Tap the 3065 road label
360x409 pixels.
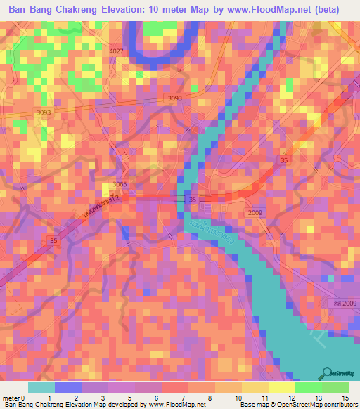(x=119, y=184)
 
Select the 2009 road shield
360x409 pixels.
(x=254, y=212)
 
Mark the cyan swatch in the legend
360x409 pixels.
(x=41, y=387)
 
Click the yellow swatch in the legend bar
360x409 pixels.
(x=282, y=387)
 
